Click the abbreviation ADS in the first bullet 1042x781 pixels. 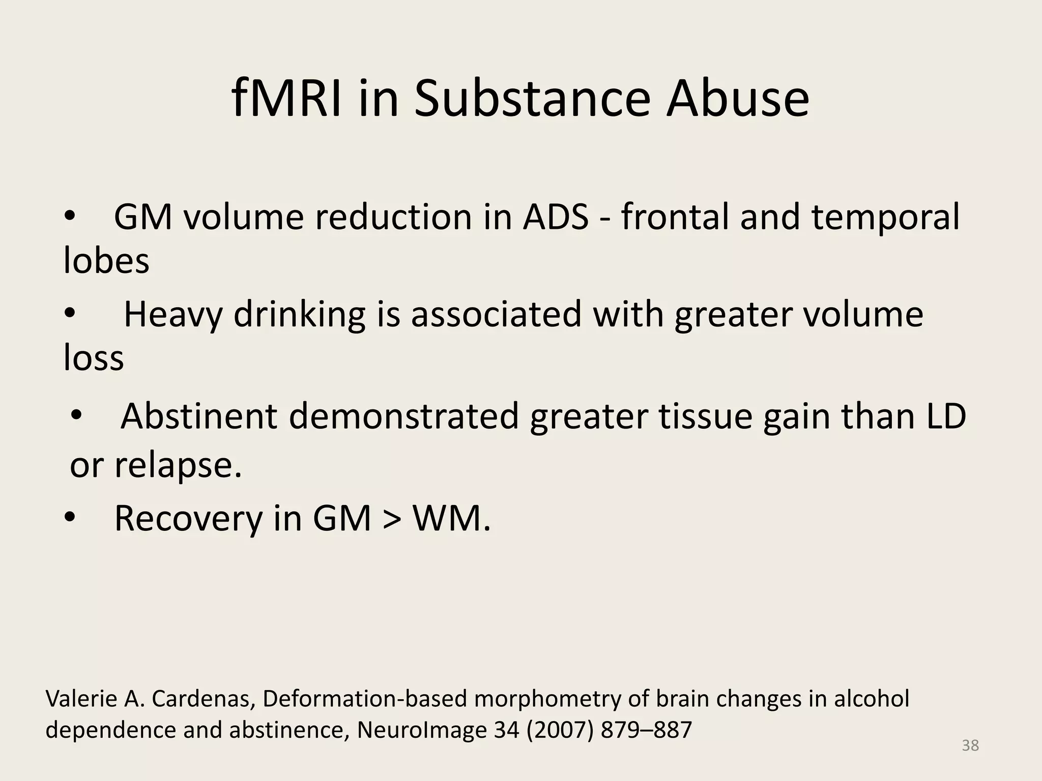pos(556,217)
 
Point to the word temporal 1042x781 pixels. pos(885,218)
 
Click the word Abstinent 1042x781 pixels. pos(199,416)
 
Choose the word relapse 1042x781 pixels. pos(178,465)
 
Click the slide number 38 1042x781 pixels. pos(970,745)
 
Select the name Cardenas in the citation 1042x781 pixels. pos(203,699)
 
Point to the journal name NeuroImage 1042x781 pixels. pos(421,730)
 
